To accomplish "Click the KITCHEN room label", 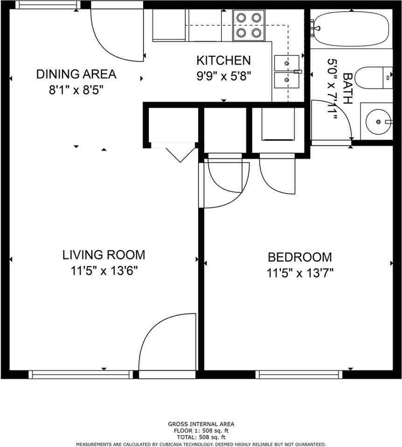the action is [223, 61].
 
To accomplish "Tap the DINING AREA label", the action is [76, 74].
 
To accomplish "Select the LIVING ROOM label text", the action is [104, 255].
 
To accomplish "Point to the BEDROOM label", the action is [300, 257].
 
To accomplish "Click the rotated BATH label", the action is [347, 88].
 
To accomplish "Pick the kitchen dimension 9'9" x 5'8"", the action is [224, 76].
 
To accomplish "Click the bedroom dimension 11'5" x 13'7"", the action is [300, 273].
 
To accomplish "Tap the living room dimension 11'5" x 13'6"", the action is [104, 271].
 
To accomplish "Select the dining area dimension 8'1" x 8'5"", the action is [76, 90].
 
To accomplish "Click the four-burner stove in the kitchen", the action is [249, 25].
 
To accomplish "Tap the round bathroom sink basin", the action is [378, 122].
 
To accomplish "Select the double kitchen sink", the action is [287, 71].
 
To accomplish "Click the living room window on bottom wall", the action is [81, 374].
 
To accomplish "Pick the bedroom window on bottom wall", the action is [299, 374].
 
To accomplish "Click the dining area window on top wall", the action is [48, 5].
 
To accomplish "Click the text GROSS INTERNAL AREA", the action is [201, 424].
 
